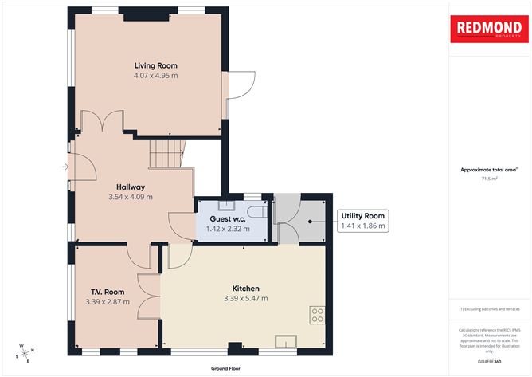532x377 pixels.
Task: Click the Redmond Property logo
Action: [x=488, y=29]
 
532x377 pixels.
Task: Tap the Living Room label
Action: [x=155, y=65]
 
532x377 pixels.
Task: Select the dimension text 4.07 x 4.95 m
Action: [x=155, y=76]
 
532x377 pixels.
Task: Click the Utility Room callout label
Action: [x=363, y=216]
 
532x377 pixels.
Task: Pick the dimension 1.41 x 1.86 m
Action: [x=363, y=226]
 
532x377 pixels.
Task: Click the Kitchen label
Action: [x=245, y=289]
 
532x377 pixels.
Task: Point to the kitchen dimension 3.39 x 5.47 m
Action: [x=245, y=299]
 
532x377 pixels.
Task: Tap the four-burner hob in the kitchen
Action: [x=316, y=315]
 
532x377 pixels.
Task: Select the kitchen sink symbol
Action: [x=286, y=342]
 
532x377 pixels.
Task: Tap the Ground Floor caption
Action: [x=226, y=369]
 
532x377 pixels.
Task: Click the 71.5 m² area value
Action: [x=488, y=179]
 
